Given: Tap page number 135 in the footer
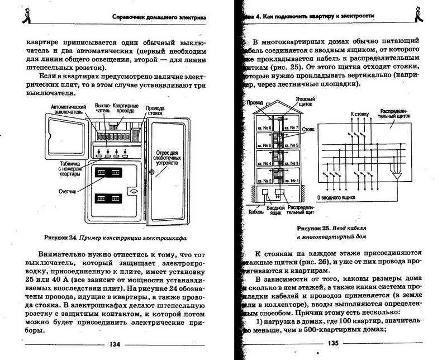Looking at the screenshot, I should coord(334,343).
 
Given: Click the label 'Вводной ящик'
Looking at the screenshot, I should coord(274,210).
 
